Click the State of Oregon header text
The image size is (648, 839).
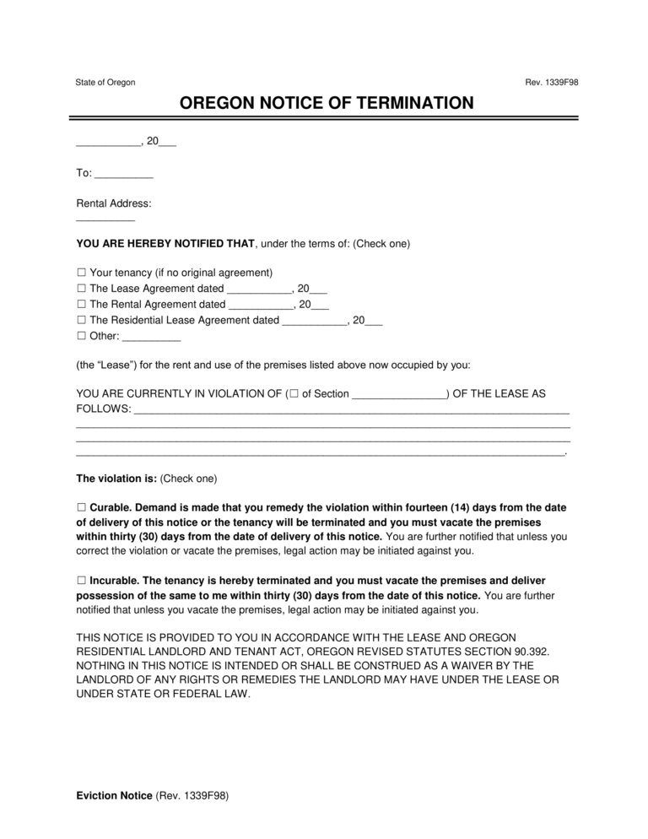(x=105, y=82)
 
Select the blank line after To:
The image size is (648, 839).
(x=123, y=176)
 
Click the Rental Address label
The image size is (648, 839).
(x=114, y=203)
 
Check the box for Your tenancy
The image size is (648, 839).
(x=81, y=273)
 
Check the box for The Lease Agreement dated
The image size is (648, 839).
(x=81, y=289)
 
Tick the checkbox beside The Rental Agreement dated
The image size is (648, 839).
(x=81, y=304)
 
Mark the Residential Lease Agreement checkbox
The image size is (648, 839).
(x=81, y=320)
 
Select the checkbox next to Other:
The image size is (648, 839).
(x=81, y=335)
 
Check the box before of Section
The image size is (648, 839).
(x=293, y=394)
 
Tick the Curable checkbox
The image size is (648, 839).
(x=81, y=508)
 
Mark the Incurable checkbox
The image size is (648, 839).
(x=81, y=581)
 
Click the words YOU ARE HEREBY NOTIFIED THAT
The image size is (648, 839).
(x=165, y=244)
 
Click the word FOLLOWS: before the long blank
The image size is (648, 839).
(x=103, y=409)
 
